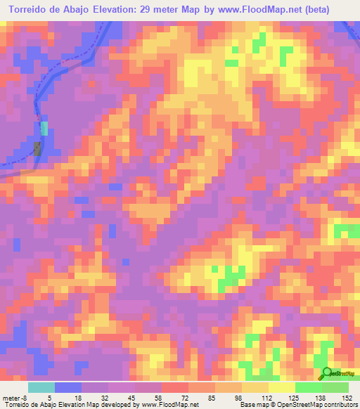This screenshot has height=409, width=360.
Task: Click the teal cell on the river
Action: [x=44, y=129]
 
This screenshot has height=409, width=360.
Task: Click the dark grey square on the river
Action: [x=37, y=149]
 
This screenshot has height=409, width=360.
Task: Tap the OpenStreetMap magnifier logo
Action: [x=327, y=374]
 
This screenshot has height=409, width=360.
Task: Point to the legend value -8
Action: [x=24, y=397]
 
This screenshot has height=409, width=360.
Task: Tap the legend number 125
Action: [x=295, y=397]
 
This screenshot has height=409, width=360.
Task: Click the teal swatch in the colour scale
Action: [x=41, y=387]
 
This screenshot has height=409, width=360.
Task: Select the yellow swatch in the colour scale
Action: [x=281, y=387]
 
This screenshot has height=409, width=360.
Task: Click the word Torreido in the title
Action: [x=29, y=9]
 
